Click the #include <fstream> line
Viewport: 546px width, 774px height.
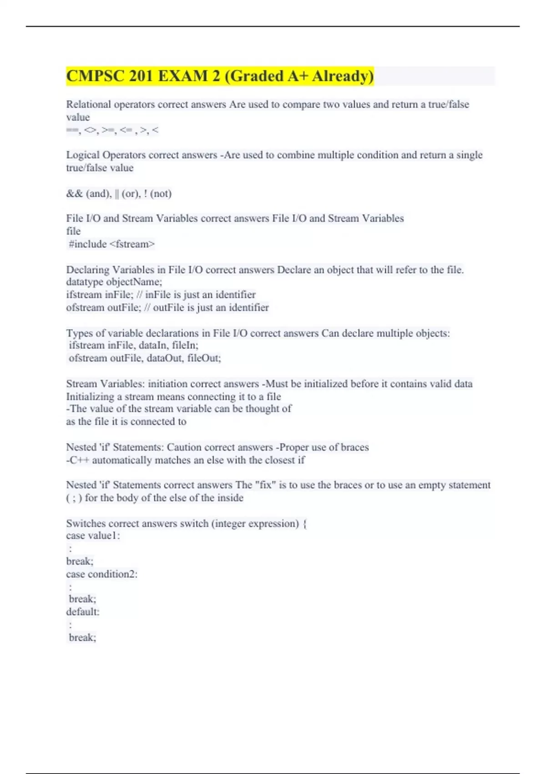111,244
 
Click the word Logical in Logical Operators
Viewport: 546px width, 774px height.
83,155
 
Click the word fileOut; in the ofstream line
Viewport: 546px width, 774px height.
204,358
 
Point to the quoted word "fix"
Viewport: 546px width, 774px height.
266,485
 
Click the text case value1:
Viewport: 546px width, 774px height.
93,536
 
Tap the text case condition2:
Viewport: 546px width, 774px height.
101,574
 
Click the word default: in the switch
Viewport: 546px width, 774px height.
83,612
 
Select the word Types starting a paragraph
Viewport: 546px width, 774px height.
80,333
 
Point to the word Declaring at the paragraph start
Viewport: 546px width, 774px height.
87,270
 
